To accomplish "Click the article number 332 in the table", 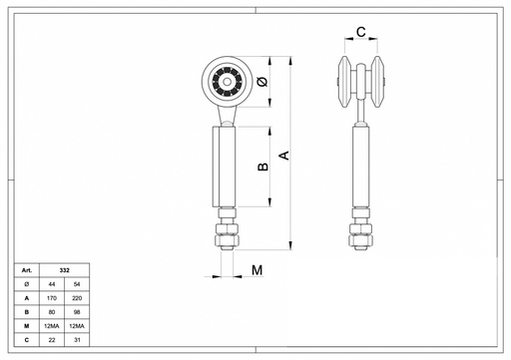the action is [x=65, y=270].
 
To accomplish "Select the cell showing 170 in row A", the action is [x=52, y=298].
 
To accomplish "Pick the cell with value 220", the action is [x=77, y=298].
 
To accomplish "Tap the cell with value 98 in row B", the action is [x=77, y=312].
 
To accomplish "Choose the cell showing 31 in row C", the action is [x=77, y=340].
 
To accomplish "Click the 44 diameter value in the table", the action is [x=52, y=284].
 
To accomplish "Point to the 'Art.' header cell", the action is [x=27, y=270].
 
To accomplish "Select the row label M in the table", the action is [x=27, y=326].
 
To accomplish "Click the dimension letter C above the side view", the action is [x=361, y=32].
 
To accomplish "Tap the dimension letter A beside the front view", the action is [x=284, y=156].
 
